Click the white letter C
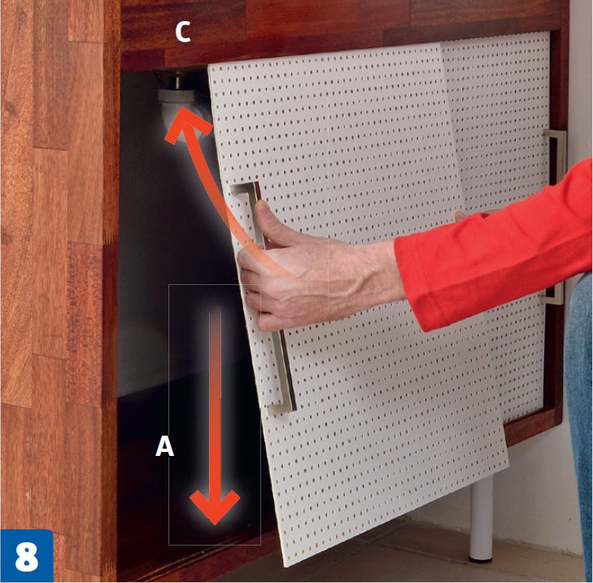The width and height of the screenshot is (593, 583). coord(183,33)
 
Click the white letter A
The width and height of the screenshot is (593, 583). coord(164,446)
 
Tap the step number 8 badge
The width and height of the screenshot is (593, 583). coord(27,556)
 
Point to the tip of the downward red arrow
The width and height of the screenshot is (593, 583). coord(215,524)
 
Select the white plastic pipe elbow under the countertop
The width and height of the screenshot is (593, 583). coord(181,110)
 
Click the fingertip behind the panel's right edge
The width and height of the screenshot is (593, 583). coord(460,216)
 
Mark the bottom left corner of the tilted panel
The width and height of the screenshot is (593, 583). coord(284,567)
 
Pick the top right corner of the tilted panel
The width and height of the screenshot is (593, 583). coord(440,43)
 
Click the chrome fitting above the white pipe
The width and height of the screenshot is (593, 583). coord(175,80)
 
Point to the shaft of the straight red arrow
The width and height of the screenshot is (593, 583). coord(216,401)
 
